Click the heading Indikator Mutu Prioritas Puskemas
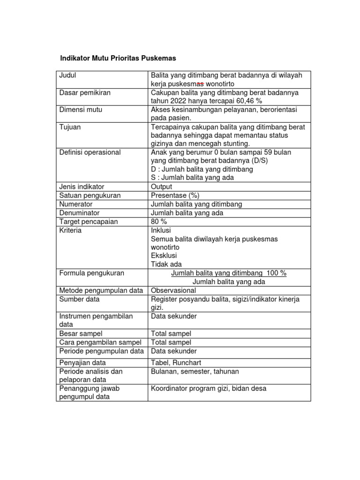118,59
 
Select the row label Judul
68,75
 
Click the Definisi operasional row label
90,152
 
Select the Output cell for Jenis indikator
162,187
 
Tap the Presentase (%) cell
172,195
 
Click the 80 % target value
158,221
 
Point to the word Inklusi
161,230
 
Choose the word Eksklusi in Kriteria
163,255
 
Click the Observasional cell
173,291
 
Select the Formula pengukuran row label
91,273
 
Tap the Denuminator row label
79,213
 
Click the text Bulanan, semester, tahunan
195,371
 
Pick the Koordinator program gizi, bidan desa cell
209,388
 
